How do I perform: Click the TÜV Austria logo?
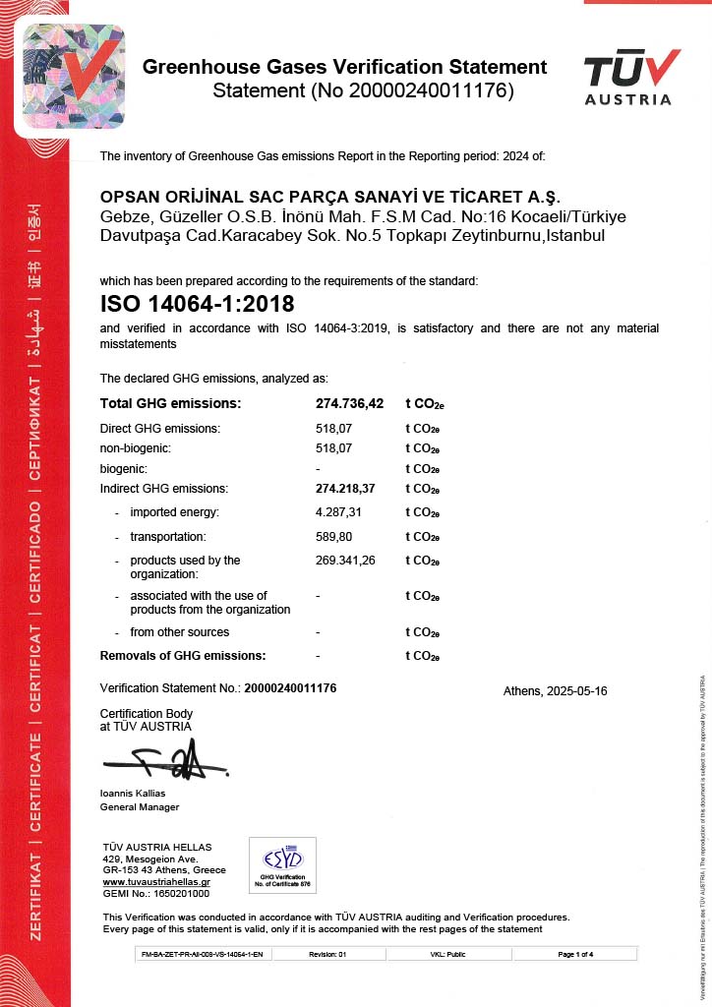click(630, 77)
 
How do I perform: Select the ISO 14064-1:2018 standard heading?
click(197, 304)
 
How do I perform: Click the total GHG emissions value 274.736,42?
click(349, 403)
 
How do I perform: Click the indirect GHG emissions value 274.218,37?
click(345, 489)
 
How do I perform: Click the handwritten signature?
click(166, 761)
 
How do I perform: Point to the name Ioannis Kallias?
click(133, 793)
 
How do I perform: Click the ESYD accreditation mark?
click(282, 862)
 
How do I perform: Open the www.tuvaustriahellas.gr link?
click(156, 882)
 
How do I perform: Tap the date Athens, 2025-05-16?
click(555, 691)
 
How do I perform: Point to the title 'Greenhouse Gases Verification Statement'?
click(344, 68)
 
